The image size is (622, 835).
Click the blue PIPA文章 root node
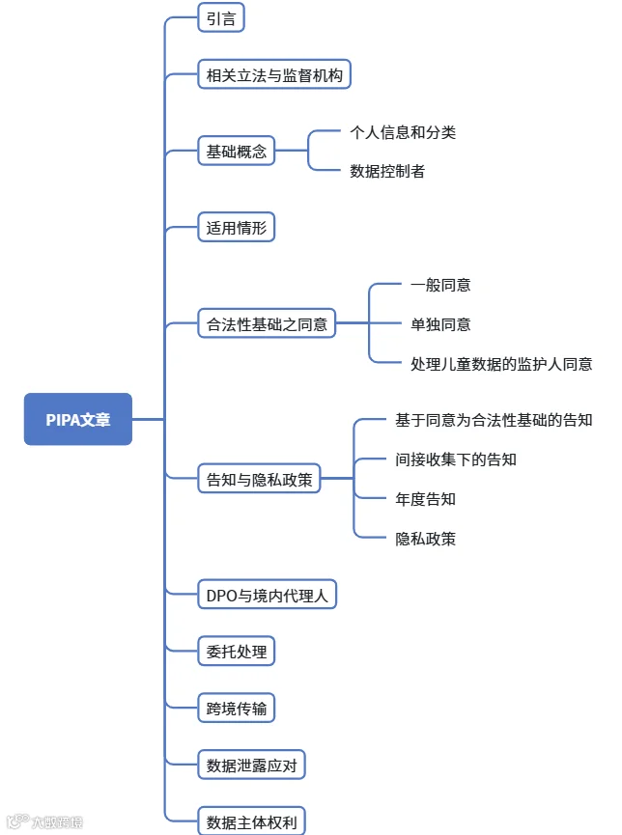[x=78, y=419]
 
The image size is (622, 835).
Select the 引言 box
[x=221, y=17]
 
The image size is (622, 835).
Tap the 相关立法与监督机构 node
[x=274, y=74]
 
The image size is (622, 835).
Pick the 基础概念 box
[x=236, y=151]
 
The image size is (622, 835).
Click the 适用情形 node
[x=236, y=228]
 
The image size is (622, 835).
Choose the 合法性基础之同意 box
[x=267, y=323]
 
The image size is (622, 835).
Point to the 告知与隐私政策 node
[x=259, y=479]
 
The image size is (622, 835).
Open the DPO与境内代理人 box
[x=267, y=595]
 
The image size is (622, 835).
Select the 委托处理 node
[x=236, y=651]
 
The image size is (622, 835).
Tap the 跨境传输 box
[x=236, y=708]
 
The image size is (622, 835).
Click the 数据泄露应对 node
[x=251, y=765]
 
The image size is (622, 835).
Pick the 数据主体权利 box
[x=251, y=821]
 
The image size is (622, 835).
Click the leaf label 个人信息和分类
[x=403, y=132]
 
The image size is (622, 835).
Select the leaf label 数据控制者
[x=387, y=171]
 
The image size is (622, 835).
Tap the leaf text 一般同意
[x=440, y=285]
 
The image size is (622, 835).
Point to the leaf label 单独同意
[x=440, y=323]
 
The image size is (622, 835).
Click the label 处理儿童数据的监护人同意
[x=501, y=364]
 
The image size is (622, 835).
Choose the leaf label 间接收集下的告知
[x=456, y=459]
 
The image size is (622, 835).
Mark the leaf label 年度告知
[x=425, y=499]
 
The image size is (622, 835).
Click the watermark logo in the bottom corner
[x=44, y=821]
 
